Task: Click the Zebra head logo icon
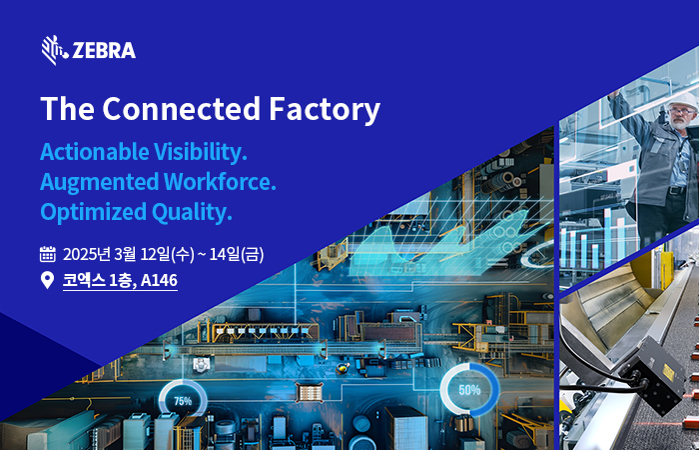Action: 55,50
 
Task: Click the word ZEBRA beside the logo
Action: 104,50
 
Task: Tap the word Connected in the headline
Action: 182,109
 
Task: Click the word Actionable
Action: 95,152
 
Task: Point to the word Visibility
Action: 201,152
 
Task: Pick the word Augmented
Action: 100,182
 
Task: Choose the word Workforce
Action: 220,182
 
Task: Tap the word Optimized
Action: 94,212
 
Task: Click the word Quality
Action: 192,212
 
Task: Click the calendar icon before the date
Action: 48,254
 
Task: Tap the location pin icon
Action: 47,280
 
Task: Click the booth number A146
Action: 159,280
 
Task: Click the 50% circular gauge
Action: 470,390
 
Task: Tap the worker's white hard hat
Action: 683,101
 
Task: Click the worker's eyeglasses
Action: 682,111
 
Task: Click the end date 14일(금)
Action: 237,254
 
